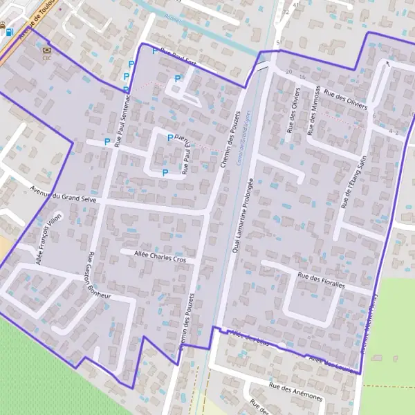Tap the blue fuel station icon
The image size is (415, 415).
coord(8,30)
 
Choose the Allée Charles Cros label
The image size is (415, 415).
coord(158,255)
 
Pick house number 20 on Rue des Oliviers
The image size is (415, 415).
coord(288,71)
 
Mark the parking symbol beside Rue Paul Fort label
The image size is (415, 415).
coord(154,50)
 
